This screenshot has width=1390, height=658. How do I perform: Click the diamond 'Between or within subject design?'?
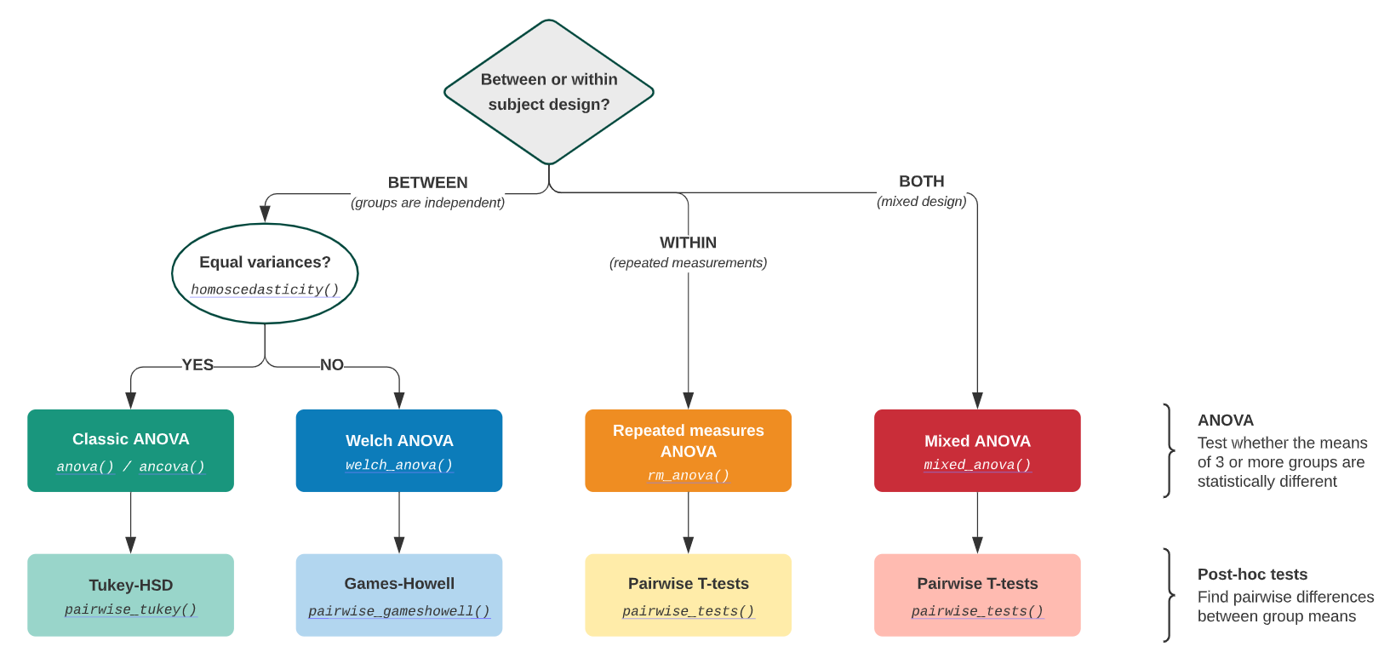coord(549,92)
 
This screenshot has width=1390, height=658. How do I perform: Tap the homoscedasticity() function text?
coord(265,289)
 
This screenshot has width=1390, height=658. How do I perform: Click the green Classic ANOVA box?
coord(130,450)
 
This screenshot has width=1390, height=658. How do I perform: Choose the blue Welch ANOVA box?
coord(398,450)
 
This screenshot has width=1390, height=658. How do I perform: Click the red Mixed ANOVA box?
coord(977,450)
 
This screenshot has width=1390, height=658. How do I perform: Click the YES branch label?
coord(197,365)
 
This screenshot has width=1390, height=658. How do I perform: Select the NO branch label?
coord(332,365)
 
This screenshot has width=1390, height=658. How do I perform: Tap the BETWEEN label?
coord(427,183)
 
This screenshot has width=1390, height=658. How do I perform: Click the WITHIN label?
coord(688,243)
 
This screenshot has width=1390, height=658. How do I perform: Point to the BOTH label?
coord(921,181)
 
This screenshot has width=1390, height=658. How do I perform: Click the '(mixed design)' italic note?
coord(921,202)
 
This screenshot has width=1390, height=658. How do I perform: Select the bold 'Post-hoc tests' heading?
coord(1252,575)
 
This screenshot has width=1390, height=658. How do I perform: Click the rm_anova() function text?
coord(688,476)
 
